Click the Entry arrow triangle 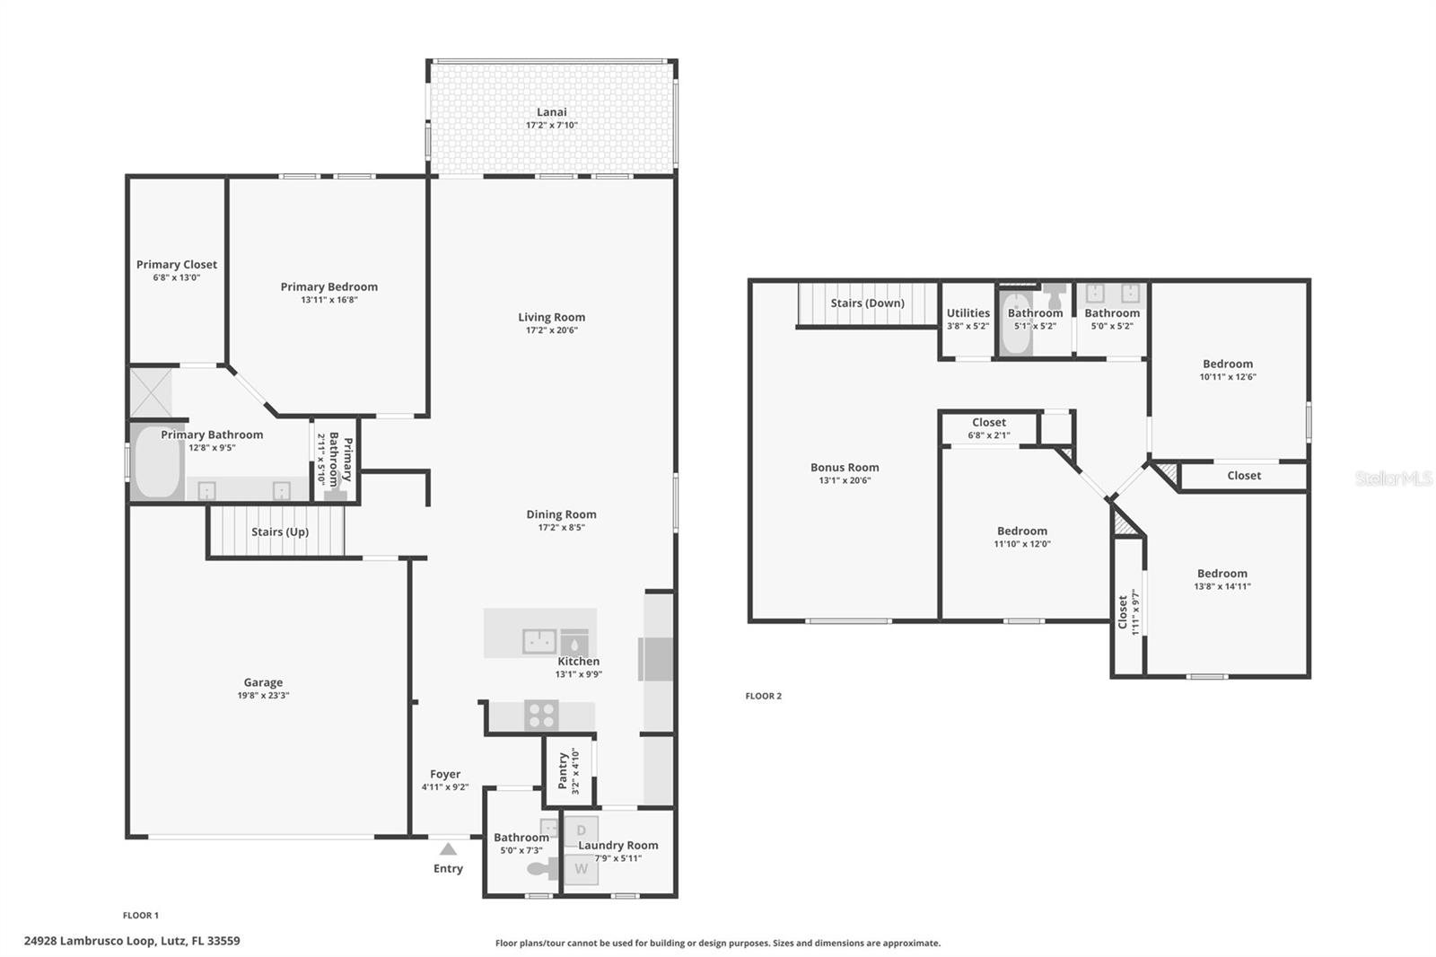point(448,848)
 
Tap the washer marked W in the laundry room point(582,869)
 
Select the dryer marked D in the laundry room point(582,830)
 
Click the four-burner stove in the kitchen point(541,716)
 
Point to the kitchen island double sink point(539,641)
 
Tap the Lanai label point(551,112)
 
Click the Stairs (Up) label point(279,531)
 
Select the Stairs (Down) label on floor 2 point(867,303)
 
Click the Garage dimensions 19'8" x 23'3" point(263,696)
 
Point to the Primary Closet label point(176,264)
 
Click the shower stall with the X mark point(150,392)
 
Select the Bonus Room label point(845,467)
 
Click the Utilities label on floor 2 point(968,313)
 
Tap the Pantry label point(563,770)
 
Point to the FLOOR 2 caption point(763,696)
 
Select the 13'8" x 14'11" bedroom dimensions point(1221,586)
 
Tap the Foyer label point(444,774)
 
